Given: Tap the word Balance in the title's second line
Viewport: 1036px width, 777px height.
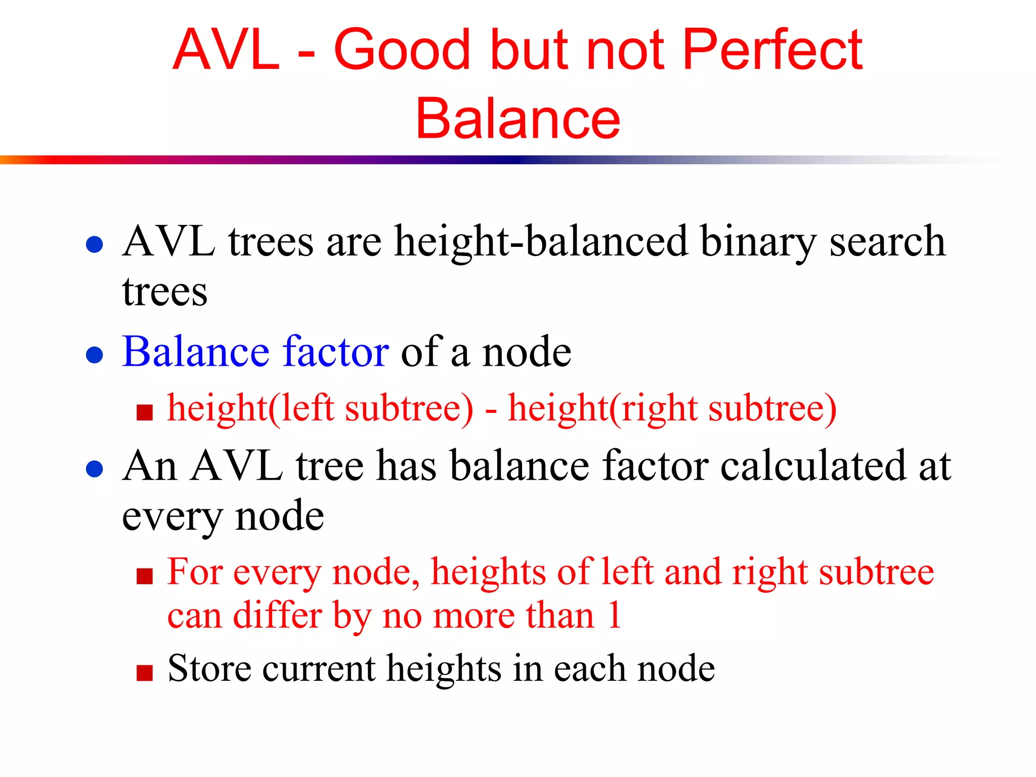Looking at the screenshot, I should [518, 118].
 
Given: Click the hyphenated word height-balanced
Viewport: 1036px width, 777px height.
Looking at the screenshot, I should [541, 242].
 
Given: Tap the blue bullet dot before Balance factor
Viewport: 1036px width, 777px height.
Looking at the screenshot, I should [95, 355].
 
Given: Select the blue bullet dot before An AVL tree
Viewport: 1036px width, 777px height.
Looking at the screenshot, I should [95, 468].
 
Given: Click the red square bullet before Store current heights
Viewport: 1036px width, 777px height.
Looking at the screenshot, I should [145, 673].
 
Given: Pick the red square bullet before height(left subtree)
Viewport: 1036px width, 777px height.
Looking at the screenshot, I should [145, 412].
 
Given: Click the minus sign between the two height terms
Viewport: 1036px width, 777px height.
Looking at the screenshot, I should [490, 411].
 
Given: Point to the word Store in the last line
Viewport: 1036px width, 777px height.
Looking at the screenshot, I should [209, 668].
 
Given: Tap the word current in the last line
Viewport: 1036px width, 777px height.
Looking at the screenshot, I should [319, 668].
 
